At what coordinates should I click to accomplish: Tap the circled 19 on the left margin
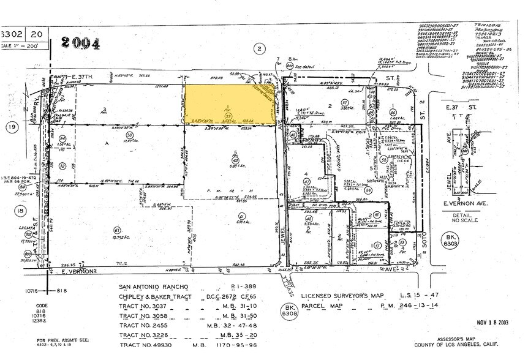[11, 127]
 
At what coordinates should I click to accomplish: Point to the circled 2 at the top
[260, 48]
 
